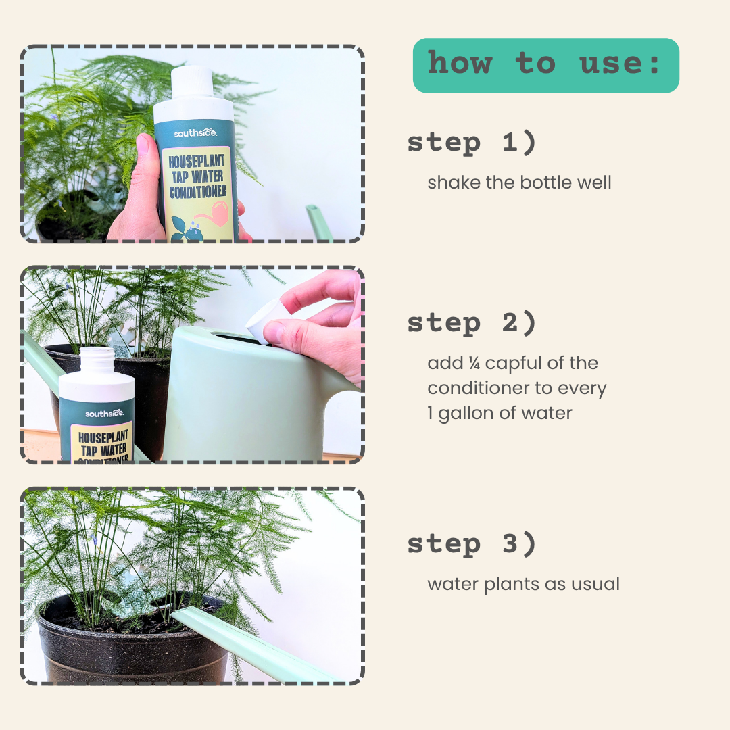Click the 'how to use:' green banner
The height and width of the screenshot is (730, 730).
coord(545,65)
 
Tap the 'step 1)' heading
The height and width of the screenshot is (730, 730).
coord(471,143)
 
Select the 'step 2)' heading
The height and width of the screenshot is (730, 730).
coord(471,323)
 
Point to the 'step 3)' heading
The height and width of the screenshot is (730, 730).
coord(471,544)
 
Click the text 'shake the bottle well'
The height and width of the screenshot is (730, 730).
coord(519,182)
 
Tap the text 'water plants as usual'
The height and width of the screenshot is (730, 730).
coord(523,584)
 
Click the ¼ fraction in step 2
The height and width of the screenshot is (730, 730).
coord(476,364)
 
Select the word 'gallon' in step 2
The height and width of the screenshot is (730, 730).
coord(471,413)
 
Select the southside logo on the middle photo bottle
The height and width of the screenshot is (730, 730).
coord(104,412)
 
